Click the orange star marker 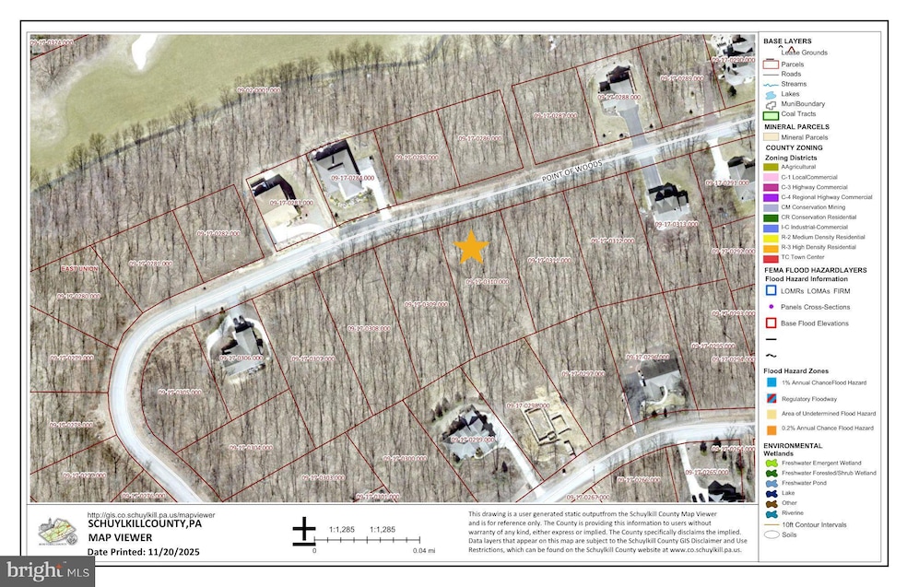pos(471,246)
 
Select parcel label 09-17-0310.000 pos(486,281)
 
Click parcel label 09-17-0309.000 pos(425,303)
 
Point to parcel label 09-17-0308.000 pos(370,327)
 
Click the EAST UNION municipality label pos(78,268)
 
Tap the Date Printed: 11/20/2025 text pos(143,551)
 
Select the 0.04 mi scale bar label pos(425,550)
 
